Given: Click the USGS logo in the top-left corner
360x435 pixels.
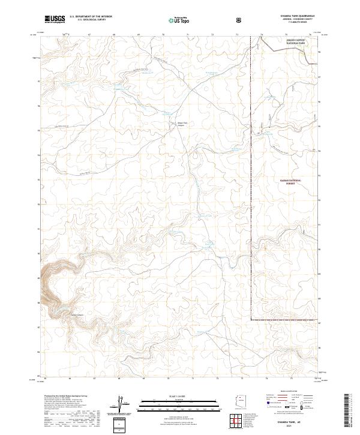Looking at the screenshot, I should point(54,20).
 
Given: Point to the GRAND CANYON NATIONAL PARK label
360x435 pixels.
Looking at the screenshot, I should point(278,42).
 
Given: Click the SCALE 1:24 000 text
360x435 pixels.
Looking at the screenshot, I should point(180,396).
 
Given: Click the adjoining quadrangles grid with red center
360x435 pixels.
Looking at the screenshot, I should point(239,421).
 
